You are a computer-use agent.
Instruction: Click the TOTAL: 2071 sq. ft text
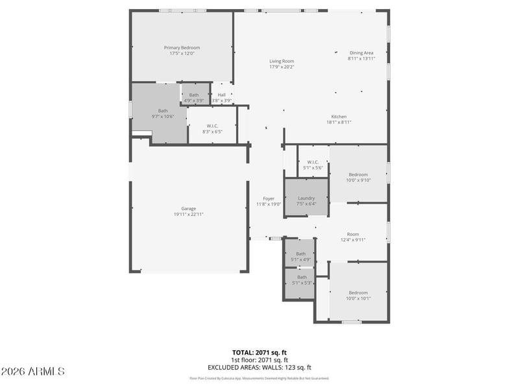click(x=259, y=352)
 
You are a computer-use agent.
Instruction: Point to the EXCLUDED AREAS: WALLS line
click(x=259, y=367)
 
